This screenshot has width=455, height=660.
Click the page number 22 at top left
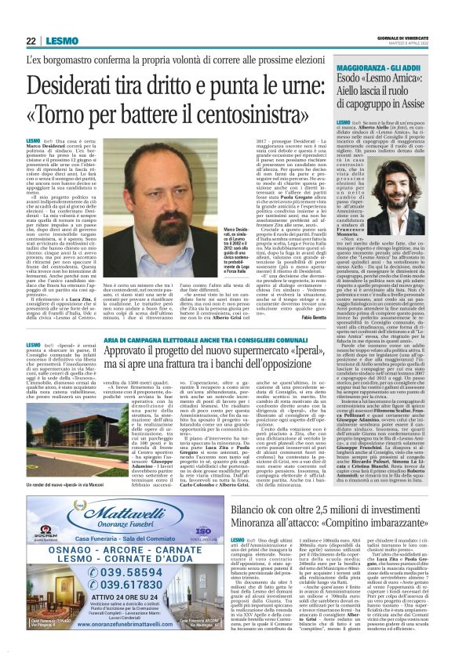pos(31,41)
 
